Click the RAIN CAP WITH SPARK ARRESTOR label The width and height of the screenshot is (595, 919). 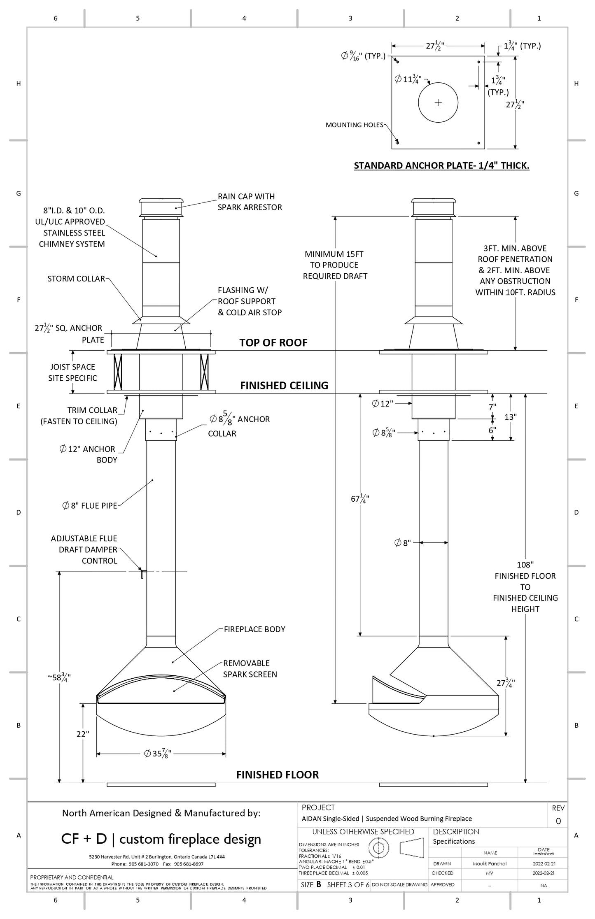point(250,202)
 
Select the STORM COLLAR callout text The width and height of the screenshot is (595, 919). point(76,279)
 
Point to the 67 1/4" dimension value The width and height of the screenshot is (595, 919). point(359,499)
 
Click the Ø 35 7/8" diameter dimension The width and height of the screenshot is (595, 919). point(158,754)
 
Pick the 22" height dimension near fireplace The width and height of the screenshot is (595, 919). point(83,734)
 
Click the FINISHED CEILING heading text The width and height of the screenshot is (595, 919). point(284,386)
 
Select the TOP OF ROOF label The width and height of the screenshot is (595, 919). point(273,343)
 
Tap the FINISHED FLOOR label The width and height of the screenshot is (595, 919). point(277,775)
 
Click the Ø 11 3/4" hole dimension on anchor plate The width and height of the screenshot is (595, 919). point(408,79)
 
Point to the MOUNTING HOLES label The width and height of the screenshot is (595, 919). point(354,125)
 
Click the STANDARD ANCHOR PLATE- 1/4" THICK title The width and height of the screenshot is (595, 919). point(441,165)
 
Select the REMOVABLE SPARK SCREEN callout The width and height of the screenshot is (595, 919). point(250,669)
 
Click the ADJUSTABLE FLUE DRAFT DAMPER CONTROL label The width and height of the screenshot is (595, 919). point(84,549)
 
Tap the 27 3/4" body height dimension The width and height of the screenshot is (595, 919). point(506,683)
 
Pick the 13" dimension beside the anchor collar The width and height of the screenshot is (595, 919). point(510,417)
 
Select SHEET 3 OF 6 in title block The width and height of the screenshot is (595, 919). point(348,885)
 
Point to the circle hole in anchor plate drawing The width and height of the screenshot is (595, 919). point(438,102)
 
